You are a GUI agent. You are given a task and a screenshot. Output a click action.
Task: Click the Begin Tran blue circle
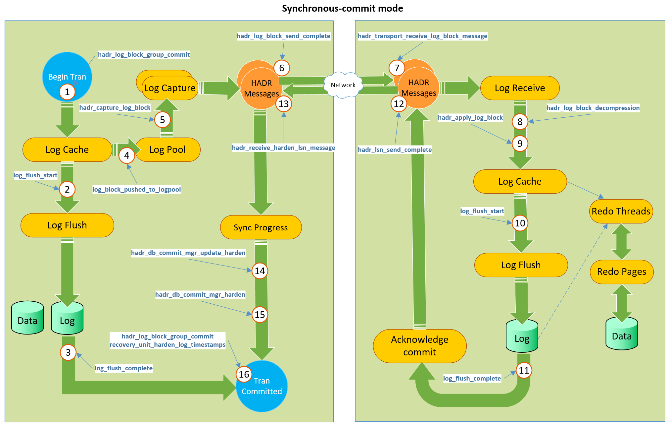[x=67, y=71]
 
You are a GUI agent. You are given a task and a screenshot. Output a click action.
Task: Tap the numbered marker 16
[x=244, y=374]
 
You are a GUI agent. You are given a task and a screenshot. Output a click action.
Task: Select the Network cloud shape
[x=343, y=85]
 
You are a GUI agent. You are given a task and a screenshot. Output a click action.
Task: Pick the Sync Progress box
[x=261, y=227]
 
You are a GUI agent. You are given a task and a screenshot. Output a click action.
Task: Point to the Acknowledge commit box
[x=419, y=346]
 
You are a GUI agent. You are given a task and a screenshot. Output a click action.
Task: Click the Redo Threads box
[x=621, y=211]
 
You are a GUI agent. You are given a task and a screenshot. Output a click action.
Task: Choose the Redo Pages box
[x=621, y=272]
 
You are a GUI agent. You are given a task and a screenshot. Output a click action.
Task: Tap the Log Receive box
[x=520, y=88]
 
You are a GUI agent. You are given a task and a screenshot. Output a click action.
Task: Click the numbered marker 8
[x=520, y=122]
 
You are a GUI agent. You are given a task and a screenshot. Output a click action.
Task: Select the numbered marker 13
[x=284, y=104]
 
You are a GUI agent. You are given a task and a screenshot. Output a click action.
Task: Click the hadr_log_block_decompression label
[x=593, y=108]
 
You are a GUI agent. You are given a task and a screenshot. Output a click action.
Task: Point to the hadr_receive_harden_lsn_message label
[x=283, y=148]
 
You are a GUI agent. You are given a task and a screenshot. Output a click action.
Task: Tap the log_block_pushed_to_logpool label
[x=136, y=190]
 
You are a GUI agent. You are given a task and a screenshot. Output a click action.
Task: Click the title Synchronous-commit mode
[x=342, y=8]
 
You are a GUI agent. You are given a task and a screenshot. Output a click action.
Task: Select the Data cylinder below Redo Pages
[x=621, y=334]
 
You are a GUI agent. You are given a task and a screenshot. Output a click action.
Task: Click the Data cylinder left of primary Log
[x=27, y=318]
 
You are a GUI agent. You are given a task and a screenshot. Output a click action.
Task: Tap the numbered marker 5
[x=162, y=120]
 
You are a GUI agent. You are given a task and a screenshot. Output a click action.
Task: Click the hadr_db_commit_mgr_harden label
[x=200, y=295]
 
